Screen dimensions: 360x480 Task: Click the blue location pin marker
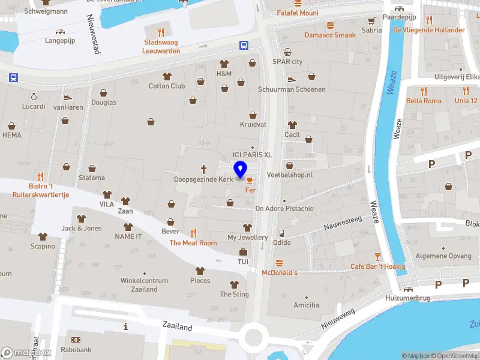(x=241, y=170)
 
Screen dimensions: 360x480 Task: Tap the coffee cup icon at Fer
(x=250, y=179)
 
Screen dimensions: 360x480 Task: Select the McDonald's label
(x=280, y=272)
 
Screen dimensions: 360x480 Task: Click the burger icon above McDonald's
(x=279, y=263)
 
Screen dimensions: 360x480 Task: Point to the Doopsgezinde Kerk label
(x=203, y=179)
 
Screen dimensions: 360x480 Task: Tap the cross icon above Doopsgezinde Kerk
(x=203, y=169)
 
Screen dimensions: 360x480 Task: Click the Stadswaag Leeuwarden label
(x=161, y=46)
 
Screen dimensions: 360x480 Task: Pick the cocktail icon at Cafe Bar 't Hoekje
(x=378, y=256)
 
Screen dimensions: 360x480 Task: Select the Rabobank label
(x=76, y=350)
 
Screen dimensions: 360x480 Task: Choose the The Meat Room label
(x=193, y=243)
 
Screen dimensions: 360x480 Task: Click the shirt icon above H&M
(x=224, y=64)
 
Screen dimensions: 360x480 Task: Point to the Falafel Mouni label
(x=298, y=13)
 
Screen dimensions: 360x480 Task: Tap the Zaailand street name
(x=177, y=327)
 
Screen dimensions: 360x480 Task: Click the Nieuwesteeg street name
(x=343, y=224)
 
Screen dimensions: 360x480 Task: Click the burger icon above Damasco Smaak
(x=330, y=25)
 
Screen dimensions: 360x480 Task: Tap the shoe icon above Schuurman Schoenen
(x=291, y=79)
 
